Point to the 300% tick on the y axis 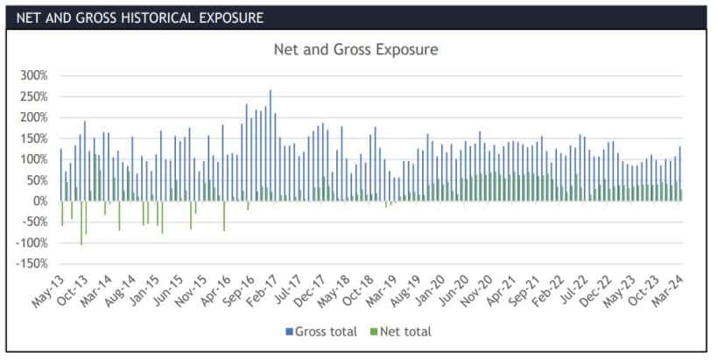pyautogui.click(x=32, y=75)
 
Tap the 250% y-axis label pyautogui.click(x=32, y=96)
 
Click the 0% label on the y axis pyautogui.click(x=38, y=201)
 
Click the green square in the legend pyautogui.click(x=373, y=331)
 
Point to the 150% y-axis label pyautogui.click(x=32, y=138)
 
